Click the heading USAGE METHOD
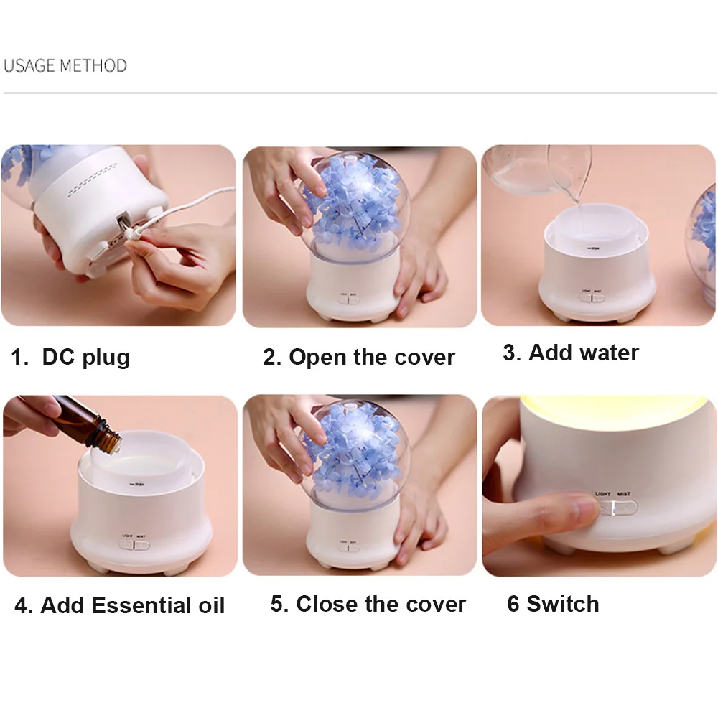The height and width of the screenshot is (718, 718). pyautogui.click(x=65, y=65)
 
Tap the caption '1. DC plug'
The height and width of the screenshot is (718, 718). pyautogui.click(x=70, y=357)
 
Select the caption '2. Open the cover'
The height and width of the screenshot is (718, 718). pyautogui.click(x=359, y=357)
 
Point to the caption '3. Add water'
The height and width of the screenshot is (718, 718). pyautogui.click(x=571, y=353)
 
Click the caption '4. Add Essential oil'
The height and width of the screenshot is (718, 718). pyautogui.click(x=120, y=605)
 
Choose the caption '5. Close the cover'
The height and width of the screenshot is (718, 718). pyautogui.click(x=368, y=604)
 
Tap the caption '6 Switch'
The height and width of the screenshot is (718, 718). pyautogui.click(x=553, y=604)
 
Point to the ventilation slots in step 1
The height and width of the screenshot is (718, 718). pyautogui.click(x=93, y=181)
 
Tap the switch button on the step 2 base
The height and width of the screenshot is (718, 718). pyautogui.click(x=348, y=300)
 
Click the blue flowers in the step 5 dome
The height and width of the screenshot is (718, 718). pyautogui.click(x=353, y=451)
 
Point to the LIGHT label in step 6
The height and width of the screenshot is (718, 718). pyautogui.click(x=602, y=494)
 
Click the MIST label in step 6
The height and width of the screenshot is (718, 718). pyautogui.click(x=624, y=494)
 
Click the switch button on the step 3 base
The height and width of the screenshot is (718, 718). pyautogui.click(x=592, y=298)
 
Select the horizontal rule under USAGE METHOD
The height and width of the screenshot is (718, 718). pyautogui.click(x=360, y=93)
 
